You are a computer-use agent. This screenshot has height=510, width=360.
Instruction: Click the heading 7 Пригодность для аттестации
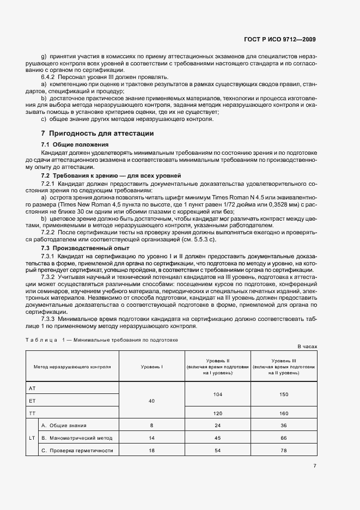coord(97,133)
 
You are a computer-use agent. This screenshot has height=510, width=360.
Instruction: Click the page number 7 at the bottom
coord(315,465)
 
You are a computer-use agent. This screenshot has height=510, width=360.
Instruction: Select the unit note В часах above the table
coord(307,346)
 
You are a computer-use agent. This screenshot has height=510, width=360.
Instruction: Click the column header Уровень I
coord(151,367)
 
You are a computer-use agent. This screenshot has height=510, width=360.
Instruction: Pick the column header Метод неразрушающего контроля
coord(72,367)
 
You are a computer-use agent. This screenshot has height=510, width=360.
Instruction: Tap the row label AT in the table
coord(32,388)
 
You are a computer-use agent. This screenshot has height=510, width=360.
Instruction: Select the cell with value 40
coord(151,401)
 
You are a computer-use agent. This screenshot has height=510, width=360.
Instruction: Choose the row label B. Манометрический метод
coord(77,438)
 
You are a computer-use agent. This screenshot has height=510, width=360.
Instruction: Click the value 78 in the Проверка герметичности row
coord(284,451)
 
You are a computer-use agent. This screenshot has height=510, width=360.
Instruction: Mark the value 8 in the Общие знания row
coord(151,426)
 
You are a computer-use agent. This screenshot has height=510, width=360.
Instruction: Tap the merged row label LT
coord(32,438)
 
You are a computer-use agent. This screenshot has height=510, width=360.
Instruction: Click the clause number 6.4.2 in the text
coord(50,78)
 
